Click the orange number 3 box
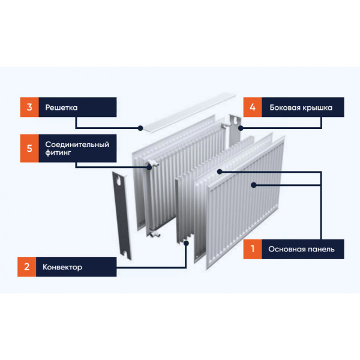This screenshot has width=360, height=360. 29,107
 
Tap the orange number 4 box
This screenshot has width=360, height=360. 253,107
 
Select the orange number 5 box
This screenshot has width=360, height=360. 29,148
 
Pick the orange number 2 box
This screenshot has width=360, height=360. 26,267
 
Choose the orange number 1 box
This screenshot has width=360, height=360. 253,249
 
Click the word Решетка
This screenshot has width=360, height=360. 61,107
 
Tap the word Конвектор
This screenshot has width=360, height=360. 62,267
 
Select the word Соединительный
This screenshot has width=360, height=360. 77,145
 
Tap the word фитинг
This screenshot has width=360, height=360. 58,152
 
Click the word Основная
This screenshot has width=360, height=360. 284,249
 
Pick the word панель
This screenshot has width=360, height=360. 319,250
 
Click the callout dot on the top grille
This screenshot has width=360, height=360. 140,128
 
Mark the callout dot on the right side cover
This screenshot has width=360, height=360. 241,128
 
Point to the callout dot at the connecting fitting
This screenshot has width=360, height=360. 149,167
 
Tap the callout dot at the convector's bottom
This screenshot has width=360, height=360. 186,243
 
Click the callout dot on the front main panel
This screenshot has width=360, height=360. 254,185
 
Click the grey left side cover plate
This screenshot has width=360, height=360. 122,215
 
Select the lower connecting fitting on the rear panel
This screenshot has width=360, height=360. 154,234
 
